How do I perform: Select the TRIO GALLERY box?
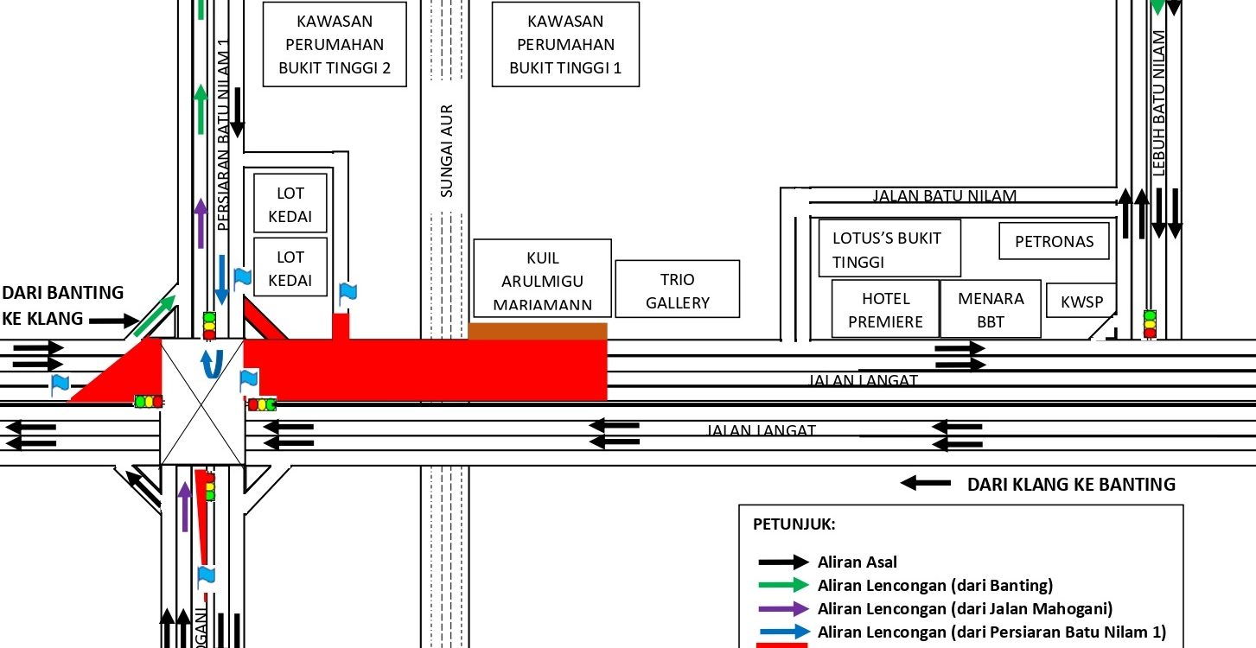677,290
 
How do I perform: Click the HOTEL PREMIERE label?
885,310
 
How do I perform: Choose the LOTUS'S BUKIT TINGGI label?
889,250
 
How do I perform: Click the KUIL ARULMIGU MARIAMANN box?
542,281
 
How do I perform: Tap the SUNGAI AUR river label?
447,151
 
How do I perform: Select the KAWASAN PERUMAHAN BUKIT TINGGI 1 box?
565,44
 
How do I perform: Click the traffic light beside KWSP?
1150,323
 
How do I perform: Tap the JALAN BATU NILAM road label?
944,196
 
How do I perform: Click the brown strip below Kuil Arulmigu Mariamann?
538,331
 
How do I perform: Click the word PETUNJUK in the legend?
794,524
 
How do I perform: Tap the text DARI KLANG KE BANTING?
1070,485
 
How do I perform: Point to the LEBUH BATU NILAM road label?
1158,104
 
